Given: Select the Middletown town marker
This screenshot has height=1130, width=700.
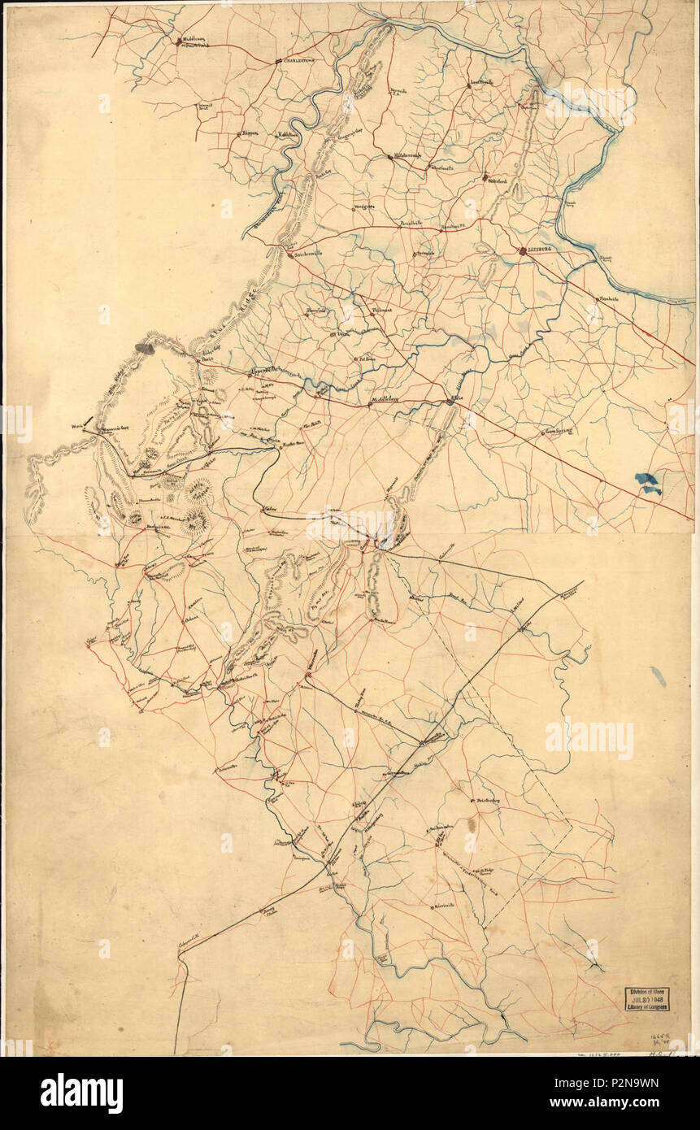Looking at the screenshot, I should point(178,41).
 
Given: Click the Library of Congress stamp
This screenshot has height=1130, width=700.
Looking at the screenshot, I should point(647,998).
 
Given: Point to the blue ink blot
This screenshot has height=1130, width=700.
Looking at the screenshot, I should point(648,484).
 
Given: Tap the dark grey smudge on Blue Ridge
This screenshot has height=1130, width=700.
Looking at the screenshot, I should point(145,349).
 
